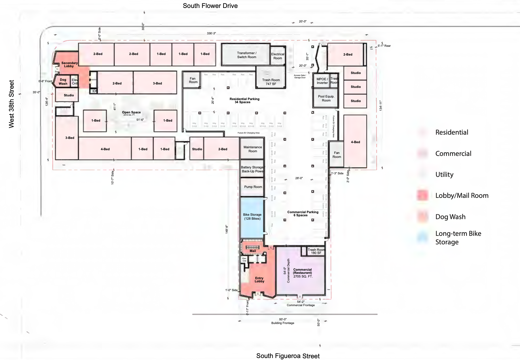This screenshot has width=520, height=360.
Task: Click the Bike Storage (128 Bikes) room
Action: click(x=252, y=217)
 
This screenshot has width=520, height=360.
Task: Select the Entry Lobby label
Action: click(x=259, y=280)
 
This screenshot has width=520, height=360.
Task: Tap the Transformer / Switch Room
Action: click(x=246, y=55)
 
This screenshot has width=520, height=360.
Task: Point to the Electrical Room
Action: click(x=278, y=56)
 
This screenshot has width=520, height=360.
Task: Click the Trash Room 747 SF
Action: click(x=271, y=82)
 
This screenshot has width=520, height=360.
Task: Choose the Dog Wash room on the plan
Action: click(x=63, y=82)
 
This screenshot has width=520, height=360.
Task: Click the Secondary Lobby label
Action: click(x=69, y=64)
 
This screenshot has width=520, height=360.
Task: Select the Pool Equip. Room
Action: click(x=326, y=98)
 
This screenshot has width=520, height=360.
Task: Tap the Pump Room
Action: click(x=253, y=187)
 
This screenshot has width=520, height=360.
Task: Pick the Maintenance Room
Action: click(x=253, y=149)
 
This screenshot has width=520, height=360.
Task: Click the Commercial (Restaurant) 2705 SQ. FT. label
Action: click(x=303, y=273)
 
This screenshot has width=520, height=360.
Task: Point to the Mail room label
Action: click(x=253, y=251)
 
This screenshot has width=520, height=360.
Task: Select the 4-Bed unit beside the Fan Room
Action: click(x=355, y=142)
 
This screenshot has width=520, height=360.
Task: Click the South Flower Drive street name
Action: click(x=210, y=6)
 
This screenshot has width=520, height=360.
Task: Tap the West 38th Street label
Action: click(x=11, y=104)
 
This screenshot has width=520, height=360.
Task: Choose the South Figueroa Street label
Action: click(x=288, y=356)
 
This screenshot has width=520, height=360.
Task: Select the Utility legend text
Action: click(x=444, y=175)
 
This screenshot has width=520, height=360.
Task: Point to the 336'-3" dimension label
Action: click(x=211, y=33)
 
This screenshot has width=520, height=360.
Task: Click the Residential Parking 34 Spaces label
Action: click(x=244, y=100)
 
